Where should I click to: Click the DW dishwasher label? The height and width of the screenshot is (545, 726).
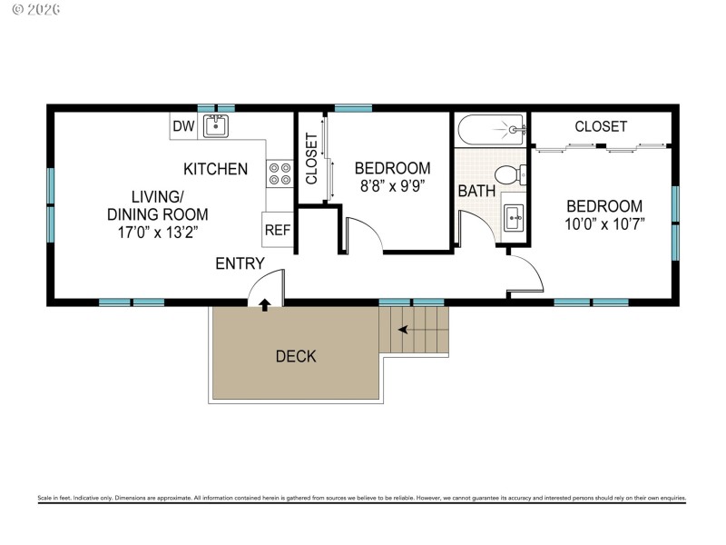(x=183, y=127)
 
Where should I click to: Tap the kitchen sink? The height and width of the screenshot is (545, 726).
(x=215, y=126)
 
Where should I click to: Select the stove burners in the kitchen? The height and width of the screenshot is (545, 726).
(x=279, y=173)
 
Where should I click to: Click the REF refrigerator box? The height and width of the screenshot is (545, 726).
(x=277, y=231)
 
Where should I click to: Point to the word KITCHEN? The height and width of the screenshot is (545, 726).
(x=215, y=169)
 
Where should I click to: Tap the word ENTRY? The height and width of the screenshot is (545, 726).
(x=240, y=264)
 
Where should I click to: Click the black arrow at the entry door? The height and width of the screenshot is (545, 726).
(x=264, y=305)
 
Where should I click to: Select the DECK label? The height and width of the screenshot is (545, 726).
(x=296, y=356)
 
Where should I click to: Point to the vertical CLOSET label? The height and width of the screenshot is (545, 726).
(x=311, y=159)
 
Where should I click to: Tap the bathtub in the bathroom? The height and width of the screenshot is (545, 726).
(x=490, y=129)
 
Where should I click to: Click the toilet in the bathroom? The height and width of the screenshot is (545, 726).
(x=510, y=174)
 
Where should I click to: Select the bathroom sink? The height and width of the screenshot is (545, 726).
(x=513, y=217)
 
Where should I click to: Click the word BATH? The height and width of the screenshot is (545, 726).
(x=476, y=192)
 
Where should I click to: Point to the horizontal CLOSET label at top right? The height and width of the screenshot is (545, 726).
(x=600, y=127)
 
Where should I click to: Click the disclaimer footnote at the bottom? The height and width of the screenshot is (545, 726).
(x=362, y=499)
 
